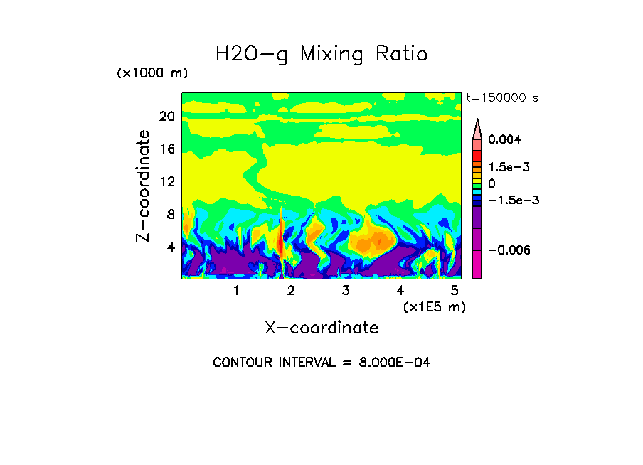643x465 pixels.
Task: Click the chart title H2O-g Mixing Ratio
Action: coord(321,53)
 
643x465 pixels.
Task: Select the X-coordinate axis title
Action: coord(321,328)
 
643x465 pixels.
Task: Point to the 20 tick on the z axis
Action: coord(166,117)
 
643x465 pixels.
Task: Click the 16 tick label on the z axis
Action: coord(166,149)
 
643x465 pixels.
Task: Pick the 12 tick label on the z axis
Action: coord(166,182)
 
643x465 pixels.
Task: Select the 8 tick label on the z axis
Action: coord(170,215)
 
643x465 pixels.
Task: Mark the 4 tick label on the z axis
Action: coord(170,247)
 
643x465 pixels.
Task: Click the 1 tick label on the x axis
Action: coord(236,291)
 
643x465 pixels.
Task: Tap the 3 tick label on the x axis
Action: coord(346,291)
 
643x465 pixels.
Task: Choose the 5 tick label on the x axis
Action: coord(455,291)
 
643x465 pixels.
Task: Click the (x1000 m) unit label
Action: coord(152,73)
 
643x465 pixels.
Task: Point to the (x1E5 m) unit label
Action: coord(434,306)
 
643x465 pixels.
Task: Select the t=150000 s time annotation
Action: coord(501,97)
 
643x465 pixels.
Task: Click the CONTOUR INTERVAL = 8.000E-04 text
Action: coord(321,363)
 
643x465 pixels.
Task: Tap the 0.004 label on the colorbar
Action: coord(504,139)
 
